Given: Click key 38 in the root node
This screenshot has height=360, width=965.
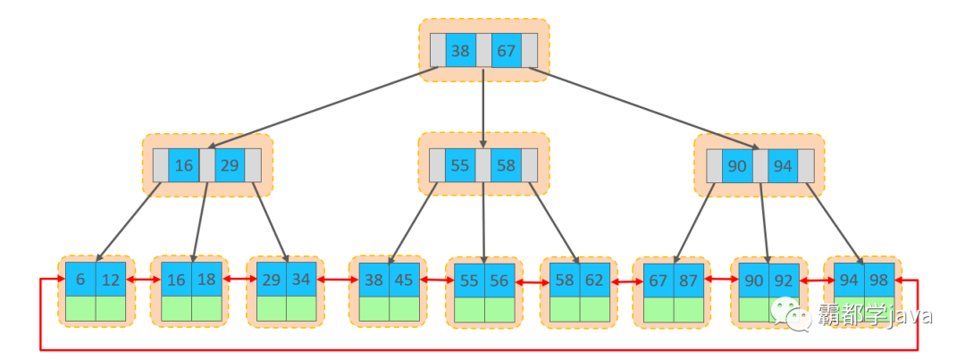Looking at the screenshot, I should [460, 51].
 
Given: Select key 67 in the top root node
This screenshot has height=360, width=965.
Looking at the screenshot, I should [506, 51].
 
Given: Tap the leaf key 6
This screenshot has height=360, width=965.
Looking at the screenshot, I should [80, 280].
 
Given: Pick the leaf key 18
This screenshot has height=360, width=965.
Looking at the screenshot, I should [206, 280].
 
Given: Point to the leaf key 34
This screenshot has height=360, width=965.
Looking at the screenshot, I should [301, 280].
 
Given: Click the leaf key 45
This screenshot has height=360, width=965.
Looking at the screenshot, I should [404, 280].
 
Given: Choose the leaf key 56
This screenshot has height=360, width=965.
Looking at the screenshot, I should [499, 280].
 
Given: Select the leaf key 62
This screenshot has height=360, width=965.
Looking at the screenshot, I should [594, 280].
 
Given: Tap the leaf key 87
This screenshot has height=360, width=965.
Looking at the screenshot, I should [689, 280].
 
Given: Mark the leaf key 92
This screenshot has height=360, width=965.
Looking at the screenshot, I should [785, 280].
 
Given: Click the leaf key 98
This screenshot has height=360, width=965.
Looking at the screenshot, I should [879, 280].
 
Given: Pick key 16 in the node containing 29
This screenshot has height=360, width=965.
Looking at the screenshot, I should [184, 166].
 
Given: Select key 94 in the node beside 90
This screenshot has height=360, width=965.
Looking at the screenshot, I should [783, 166].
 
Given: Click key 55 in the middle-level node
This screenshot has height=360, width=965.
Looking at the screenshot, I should [460, 165].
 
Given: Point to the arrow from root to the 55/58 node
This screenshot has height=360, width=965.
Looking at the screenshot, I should [483, 107].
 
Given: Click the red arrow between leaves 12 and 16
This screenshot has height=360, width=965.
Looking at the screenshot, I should [143, 280].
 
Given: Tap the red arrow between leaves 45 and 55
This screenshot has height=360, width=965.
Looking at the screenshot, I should [436, 280].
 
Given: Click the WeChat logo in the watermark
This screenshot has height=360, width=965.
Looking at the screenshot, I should [791, 314].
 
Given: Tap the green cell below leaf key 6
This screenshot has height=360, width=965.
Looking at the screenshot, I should [80, 307].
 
